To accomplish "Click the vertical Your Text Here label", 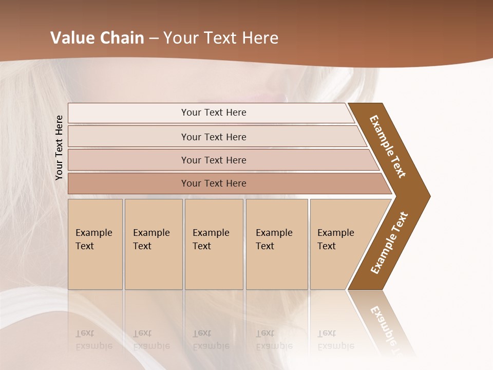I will (x=59, y=147).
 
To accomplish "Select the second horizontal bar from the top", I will (x=213, y=137).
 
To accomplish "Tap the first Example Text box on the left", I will (x=95, y=244).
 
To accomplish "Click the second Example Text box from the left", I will (x=154, y=244).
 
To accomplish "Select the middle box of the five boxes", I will (x=214, y=244).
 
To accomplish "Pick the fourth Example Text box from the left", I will (x=277, y=244).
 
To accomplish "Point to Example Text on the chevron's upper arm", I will (x=388, y=146).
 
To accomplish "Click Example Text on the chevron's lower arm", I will (x=389, y=243).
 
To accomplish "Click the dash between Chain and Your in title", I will (x=154, y=39).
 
